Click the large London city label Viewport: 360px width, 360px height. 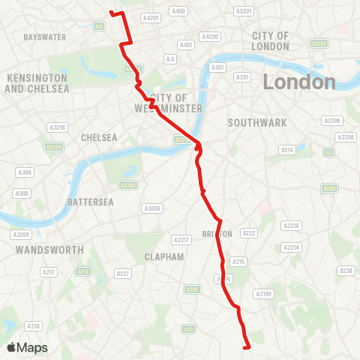coord(299,82)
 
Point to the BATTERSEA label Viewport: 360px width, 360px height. coord(90,202)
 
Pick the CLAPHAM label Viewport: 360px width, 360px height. coord(165,256)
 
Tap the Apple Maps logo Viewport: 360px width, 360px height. coord(27,347)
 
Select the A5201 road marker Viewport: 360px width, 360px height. coord(244,11)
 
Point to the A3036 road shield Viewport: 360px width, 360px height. coord(152,208)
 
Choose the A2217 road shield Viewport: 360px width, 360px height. coord(181,240)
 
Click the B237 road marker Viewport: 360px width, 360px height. coord(123,274)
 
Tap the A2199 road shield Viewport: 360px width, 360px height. coord(263,293)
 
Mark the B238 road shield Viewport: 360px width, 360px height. coord(346,270)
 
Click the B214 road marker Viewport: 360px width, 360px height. coord(286,150)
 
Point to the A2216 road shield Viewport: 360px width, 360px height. coord(291,225)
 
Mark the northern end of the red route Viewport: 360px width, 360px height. coord(111,13)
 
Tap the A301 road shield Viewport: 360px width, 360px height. coord(218,67)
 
